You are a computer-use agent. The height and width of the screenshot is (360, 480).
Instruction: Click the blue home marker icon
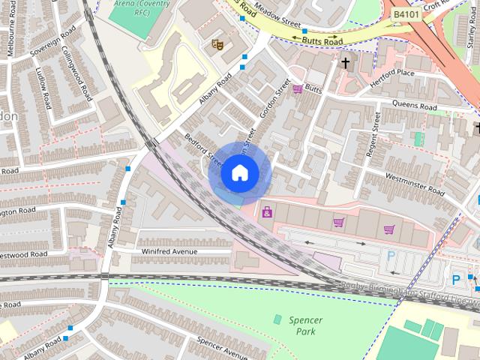click(239, 173)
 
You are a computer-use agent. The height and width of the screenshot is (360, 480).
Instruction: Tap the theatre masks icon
click(218, 45)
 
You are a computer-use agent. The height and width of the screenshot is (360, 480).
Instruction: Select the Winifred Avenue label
click(169, 251)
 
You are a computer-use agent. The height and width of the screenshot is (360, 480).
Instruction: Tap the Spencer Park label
click(305, 325)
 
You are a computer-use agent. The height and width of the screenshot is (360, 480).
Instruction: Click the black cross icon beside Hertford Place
click(346, 63)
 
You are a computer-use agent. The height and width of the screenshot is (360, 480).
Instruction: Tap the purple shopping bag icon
click(268, 213)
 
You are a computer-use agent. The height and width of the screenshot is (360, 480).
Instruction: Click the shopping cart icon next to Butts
click(298, 88)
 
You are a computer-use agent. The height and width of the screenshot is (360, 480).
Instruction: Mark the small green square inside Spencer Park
click(278, 319)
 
